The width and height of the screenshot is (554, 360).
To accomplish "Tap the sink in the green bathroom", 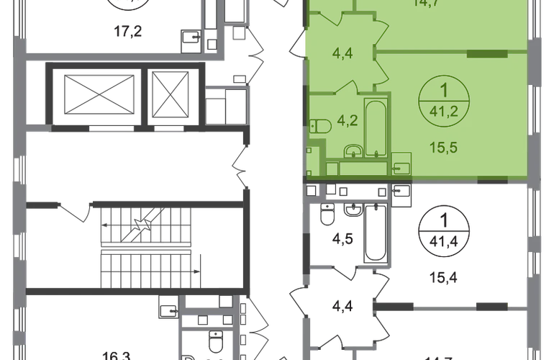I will coord(353,152).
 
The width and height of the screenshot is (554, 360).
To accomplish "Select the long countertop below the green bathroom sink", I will coord(358,167).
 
